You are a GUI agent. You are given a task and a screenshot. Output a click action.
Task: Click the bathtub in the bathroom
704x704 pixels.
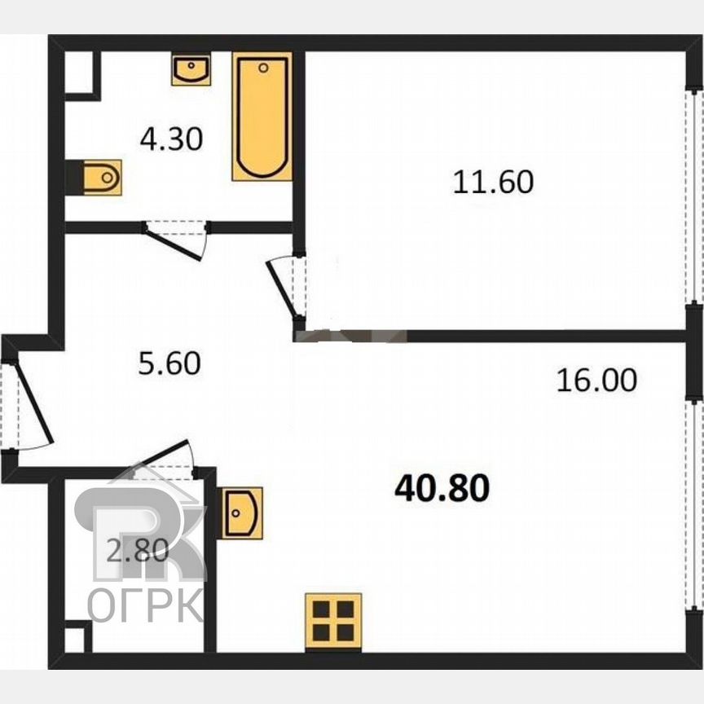(262, 116)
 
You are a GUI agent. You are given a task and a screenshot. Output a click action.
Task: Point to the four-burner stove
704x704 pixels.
(332, 620)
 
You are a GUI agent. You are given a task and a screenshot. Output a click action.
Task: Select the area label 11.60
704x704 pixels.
(493, 181)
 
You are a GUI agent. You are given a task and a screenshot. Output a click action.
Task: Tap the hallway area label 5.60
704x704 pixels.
(169, 363)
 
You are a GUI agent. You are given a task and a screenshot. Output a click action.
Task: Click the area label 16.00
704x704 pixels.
(596, 379)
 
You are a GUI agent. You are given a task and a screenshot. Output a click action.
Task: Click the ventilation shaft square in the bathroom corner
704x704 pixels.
(81, 73)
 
